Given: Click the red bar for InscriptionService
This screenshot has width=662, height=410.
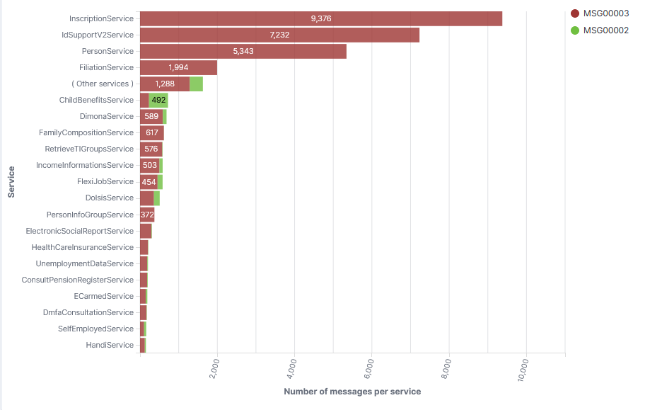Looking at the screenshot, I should pyautogui.click(x=321, y=18).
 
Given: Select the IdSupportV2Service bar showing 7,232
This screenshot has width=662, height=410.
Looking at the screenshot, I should pyautogui.click(x=279, y=35).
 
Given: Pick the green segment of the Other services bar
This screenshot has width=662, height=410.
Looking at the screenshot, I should pyautogui.click(x=196, y=84).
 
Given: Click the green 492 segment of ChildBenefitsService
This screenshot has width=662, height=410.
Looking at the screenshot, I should pyautogui.click(x=158, y=100).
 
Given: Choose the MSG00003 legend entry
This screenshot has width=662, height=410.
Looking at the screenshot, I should pyautogui.click(x=600, y=13).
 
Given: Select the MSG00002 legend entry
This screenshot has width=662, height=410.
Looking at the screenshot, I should pyautogui.click(x=600, y=30).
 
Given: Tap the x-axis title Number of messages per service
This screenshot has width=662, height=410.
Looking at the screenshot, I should pyautogui.click(x=352, y=392).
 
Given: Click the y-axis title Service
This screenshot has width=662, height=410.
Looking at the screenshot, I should pyautogui.click(x=11, y=182).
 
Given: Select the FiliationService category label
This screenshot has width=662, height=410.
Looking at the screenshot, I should pyautogui.click(x=106, y=67).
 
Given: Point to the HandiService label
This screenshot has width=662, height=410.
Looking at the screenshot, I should pyautogui.click(x=110, y=345).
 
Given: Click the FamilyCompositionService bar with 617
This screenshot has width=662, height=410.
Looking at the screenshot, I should pyautogui.click(x=152, y=132).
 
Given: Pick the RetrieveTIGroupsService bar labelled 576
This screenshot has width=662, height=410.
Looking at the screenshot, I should pyautogui.click(x=151, y=149).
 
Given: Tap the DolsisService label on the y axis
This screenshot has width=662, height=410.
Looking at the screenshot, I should pyautogui.click(x=110, y=198).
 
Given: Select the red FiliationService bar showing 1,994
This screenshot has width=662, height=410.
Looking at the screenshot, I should pyautogui.click(x=178, y=67).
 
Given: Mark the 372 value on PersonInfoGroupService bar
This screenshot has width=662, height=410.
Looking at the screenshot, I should pyautogui.click(x=147, y=215).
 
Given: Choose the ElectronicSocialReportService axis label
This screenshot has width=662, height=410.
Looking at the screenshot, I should pyautogui.click(x=79, y=231).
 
